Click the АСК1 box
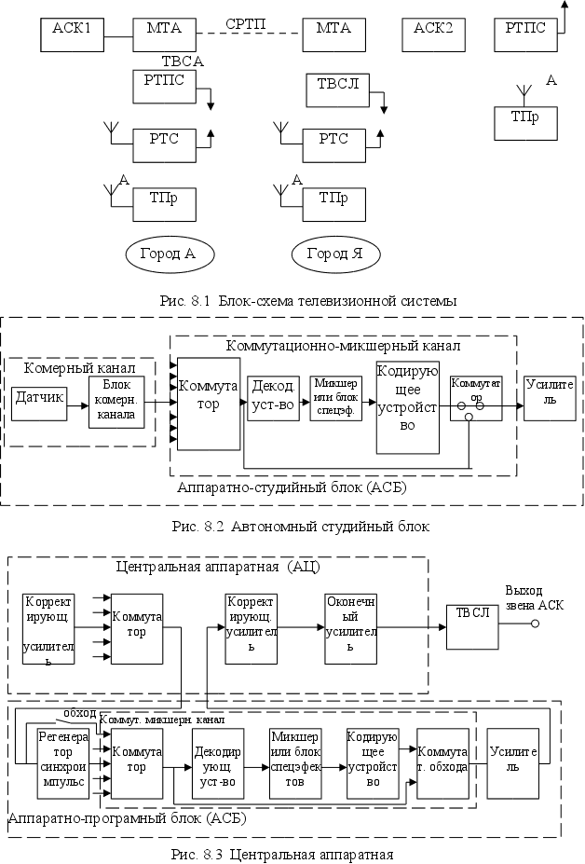(x=72, y=34)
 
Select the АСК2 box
(x=433, y=34)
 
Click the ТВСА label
(x=183, y=62)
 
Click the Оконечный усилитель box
(x=350, y=624)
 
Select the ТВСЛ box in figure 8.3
(x=472, y=624)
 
